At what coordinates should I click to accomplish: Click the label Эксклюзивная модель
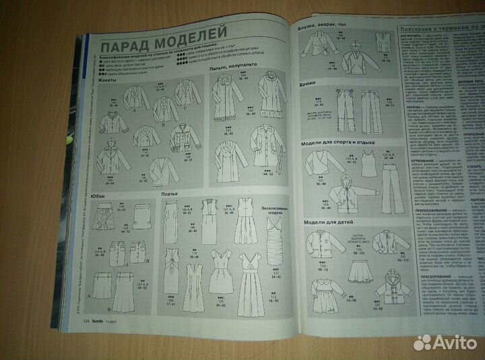tap(274, 198)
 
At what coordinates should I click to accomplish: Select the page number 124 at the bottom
tap(88, 341)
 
